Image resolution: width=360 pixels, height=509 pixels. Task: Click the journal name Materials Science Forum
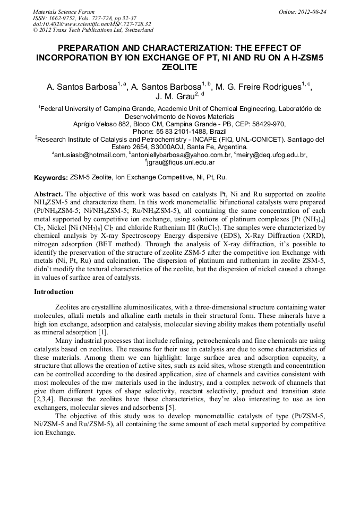(64, 11)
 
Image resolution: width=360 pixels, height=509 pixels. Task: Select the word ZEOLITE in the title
(179, 67)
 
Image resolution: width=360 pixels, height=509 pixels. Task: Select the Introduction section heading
(54, 292)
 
